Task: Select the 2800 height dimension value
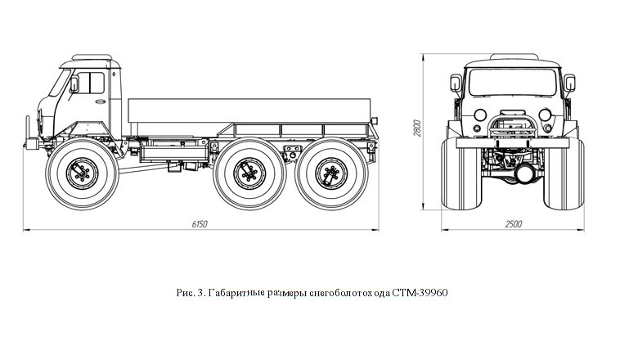(x=417, y=128)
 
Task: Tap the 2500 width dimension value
(x=514, y=223)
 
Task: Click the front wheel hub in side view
(x=82, y=173)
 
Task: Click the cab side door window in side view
(x=89, y=83)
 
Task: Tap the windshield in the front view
(x=513, y=82)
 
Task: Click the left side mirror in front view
(x=456, y=83)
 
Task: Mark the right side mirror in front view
(x=570, y=83)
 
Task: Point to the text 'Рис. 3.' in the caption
(x=190, y=292)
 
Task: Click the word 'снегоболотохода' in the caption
(x=350, y=292)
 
